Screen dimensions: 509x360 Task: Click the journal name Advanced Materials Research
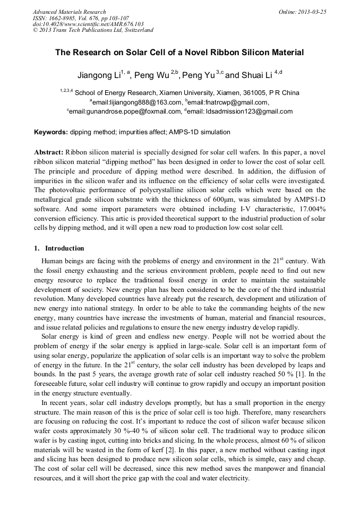coord(69,12)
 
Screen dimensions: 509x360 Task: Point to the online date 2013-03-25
coord(311,12)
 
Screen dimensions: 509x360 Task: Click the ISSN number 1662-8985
coord(63,18)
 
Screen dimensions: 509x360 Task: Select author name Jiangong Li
coord(98,75)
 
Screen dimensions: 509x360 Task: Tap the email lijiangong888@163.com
coord(137,102)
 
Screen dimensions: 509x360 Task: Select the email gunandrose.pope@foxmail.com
coord(126,111)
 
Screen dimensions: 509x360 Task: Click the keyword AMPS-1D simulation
coord(200,132)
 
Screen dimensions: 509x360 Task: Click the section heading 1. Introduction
coord(59,248)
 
